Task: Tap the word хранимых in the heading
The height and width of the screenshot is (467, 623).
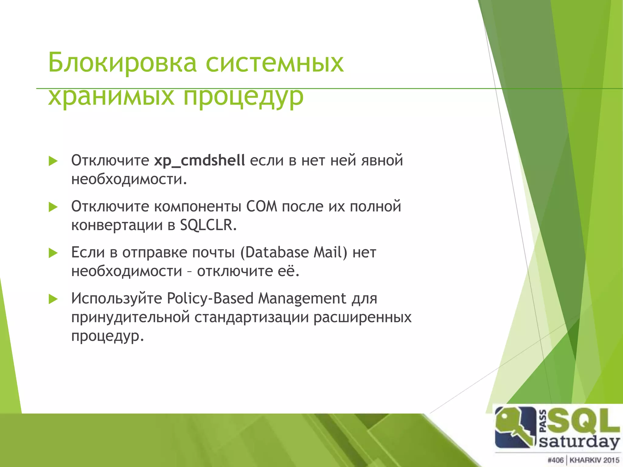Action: [x=111, y=97]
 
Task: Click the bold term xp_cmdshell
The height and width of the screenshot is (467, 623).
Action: [x=199, y=161]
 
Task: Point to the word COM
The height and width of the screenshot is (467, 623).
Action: [x=262, y=206]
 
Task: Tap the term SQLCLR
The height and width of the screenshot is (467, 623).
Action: [x=208, y=225]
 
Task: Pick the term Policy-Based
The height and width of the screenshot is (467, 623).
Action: [x=210, y=298]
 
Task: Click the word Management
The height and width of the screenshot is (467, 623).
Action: [x=302, y=299]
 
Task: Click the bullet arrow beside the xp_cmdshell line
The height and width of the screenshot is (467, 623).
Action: [x=53, y=161]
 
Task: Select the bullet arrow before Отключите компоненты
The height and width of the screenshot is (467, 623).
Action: [x=53, y=207]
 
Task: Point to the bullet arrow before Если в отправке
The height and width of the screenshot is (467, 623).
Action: [x=53, y=253]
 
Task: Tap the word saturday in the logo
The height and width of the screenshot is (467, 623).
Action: [x=579, y=441]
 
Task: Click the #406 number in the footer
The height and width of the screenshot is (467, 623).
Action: [x=555, y=460]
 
